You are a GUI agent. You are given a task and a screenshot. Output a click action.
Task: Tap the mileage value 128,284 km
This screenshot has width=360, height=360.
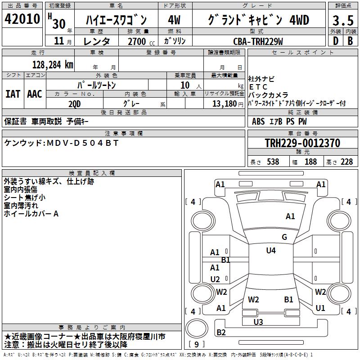(53, 64)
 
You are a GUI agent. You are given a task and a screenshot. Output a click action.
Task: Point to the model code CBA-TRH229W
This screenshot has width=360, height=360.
(258, 41)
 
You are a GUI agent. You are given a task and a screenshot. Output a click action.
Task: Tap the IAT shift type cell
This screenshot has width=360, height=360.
(13, 94)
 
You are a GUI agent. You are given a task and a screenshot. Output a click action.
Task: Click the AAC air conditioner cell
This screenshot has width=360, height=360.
(35, 94)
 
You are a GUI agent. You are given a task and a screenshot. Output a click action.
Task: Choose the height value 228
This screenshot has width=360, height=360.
(346, 162)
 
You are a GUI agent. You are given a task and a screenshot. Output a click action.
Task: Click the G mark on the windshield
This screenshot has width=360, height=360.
(284, 237)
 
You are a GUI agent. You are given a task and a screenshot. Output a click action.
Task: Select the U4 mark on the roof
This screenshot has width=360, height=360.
(270, 251)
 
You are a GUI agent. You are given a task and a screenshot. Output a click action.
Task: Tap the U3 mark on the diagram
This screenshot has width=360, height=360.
(258, 322)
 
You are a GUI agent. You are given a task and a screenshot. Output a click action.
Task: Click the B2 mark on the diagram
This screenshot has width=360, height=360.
(221, 333)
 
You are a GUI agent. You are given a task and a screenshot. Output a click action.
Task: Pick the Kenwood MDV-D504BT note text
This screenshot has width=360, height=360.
(61, 143)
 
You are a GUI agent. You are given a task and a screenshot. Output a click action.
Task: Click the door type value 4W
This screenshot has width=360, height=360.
(174, 20)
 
